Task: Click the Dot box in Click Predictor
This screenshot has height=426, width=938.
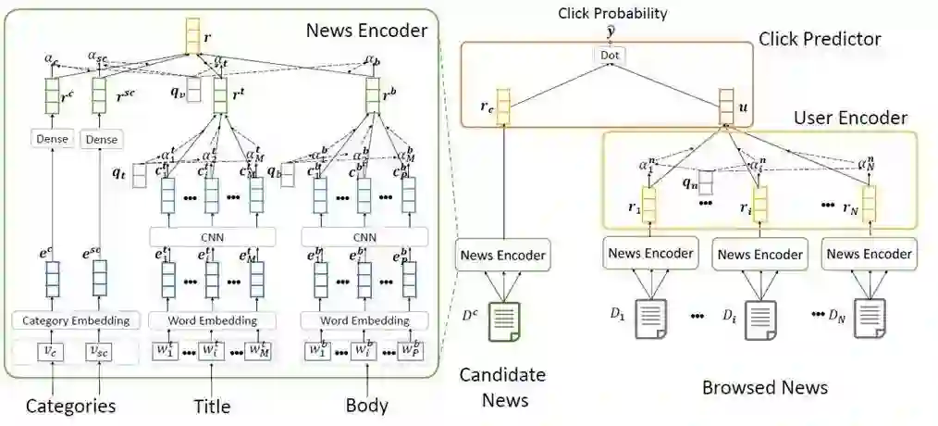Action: pyautogui.click(x=610, y=55)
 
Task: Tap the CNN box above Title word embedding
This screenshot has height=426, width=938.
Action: pyautogui.click(x=213, y=236)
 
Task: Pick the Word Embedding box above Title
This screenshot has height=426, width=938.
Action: pyautogui.click(x=213, y=320)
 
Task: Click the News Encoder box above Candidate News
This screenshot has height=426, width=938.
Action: pyautogui.click(x=502, y=254)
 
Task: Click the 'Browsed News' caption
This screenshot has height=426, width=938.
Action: pyautogui.click(x=764, y=387)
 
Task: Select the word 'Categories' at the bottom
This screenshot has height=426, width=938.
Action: pyautogui.click(x=70, y=406)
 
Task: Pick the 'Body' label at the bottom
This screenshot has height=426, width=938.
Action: pyautogui.click(x=366, y=406)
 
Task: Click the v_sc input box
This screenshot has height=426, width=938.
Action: pyautogui.click(x=99, y=352)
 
